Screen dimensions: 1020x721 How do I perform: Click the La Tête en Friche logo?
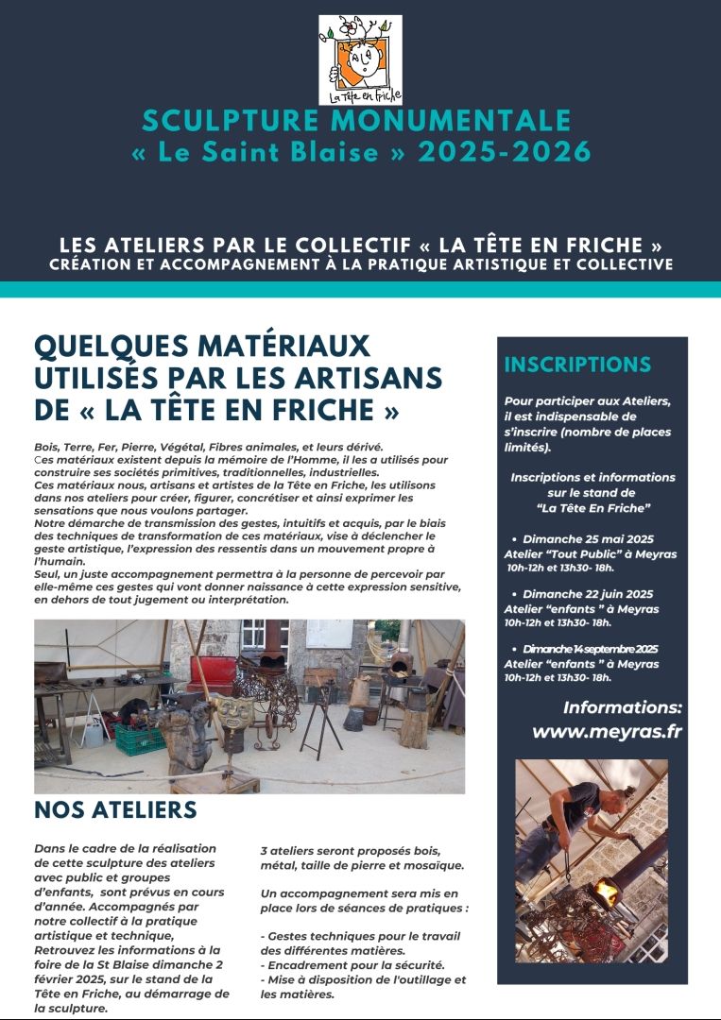coord(360,59)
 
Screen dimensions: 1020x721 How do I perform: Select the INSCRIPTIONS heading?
coord(577,365)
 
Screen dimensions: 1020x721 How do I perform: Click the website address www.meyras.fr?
coord(607,731)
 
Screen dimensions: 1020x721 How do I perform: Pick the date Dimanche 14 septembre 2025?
coord(591,649)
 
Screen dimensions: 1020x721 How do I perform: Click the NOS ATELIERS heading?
coord(115,810)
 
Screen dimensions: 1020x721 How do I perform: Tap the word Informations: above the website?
coord(622,707)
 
